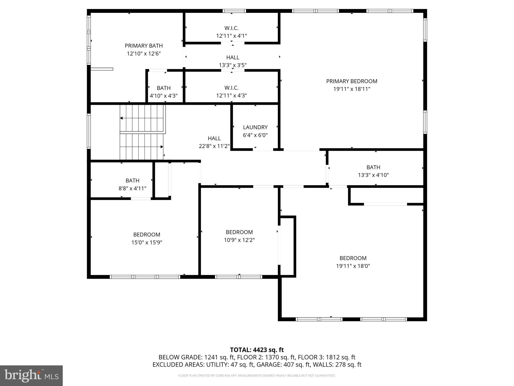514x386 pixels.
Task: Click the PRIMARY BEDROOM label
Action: coord(351,81)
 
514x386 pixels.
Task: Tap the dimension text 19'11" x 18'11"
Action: coord(351,89)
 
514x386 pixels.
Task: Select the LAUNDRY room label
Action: coord(255,127)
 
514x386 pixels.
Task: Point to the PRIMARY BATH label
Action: coord(144,46)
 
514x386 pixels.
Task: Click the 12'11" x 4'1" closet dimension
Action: coord(231,36)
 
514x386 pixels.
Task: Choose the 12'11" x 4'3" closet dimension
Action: coord(231,95)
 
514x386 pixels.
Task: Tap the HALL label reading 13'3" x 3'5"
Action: coord(233,58)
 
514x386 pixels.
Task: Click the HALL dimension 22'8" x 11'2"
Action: coord(214,146)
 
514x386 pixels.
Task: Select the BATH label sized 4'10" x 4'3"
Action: coord(164,88)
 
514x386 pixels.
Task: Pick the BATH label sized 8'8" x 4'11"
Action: coord(132,180)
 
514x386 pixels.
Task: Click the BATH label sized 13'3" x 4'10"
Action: coord(373,167)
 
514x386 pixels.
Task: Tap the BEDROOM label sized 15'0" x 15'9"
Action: coord(147,234)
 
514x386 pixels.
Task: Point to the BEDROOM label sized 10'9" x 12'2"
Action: coord(239,232)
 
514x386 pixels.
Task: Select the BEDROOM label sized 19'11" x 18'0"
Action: coord(353,258)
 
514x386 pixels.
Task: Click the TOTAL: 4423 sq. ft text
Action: coord(257,350)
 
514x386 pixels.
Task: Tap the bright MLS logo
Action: coord(31,375)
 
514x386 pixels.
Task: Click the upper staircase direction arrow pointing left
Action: coord(121,118)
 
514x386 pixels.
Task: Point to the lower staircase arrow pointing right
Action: coord(161,147)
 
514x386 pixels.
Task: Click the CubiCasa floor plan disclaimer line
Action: coord(257,375)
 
